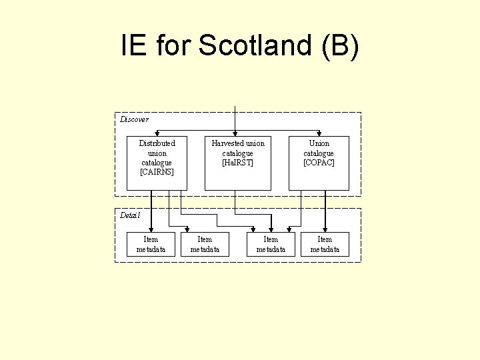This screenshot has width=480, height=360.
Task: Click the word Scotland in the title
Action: point(255,45)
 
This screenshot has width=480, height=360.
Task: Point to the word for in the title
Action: point(175,45)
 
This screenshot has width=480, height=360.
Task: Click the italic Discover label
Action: point(134,119)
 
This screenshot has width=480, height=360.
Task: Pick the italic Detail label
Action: point(131,215)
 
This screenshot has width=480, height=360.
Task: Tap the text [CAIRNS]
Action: point(157,172)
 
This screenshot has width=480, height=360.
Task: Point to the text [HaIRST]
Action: point(238,163)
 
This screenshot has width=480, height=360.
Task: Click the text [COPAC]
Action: point(319,163)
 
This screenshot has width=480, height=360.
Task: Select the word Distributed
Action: point(157,143)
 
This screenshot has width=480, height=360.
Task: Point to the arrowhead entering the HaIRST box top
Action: point(235,133)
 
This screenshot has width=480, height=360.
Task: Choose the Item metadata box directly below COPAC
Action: point(325,244)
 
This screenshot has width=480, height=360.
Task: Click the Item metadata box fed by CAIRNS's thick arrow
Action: point(151,244)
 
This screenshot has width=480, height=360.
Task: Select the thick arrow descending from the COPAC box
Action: point(325,210)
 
